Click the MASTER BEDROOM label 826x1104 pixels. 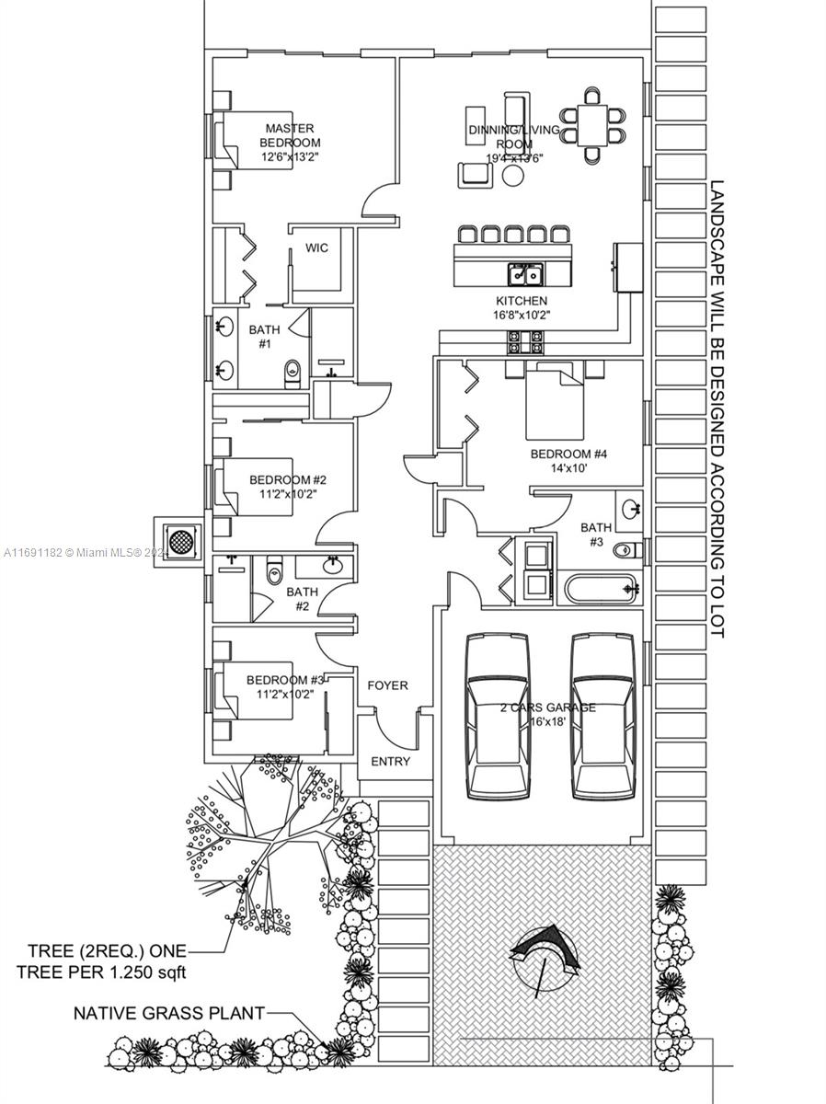[x=290, y=135]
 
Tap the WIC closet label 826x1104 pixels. [x=316, y=248]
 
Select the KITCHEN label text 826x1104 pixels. [x=522, y=301]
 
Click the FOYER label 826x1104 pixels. [x=387, y=685]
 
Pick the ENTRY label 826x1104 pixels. [x=390, y=762]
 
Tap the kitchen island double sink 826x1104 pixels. [x=527, y=273]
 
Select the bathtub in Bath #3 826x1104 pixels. [x=601, y=587]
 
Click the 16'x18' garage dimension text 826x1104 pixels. [x=547, y=723]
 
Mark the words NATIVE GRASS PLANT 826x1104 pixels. [x=169, y=1013]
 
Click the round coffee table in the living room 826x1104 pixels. [x=512, y=176]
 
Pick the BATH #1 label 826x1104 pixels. [x=264, y=336]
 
